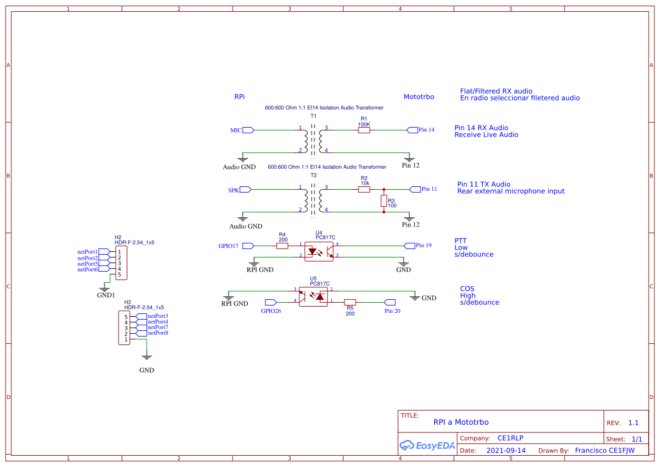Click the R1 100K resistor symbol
364,130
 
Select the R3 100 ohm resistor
384,200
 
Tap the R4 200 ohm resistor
282,246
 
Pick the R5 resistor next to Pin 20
350,302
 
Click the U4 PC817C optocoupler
320,251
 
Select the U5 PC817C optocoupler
313,296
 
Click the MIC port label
236,130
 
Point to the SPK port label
233,190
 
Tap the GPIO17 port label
229,246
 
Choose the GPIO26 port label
271,311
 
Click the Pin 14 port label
426,130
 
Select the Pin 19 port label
423,246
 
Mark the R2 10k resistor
364,190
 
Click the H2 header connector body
121,263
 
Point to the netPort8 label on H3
158,333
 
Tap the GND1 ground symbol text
106,295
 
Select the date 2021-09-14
506,451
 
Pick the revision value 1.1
633,423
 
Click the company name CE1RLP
510,438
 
